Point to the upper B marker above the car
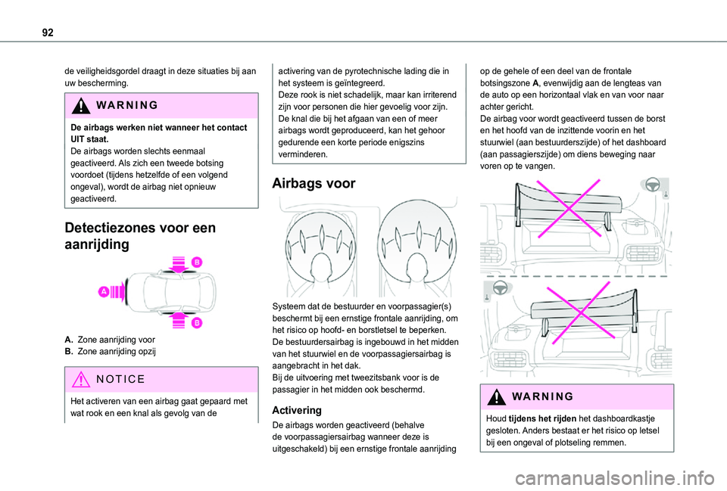click(196, 262)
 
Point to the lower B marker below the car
click(196, 322)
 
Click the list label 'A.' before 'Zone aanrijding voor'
click(70, 340)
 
